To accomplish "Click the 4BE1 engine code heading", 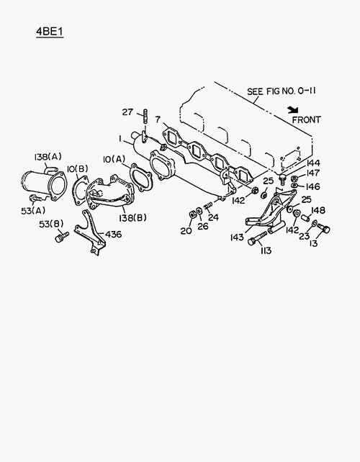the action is point(50,32).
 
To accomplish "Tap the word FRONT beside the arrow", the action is point(306,120).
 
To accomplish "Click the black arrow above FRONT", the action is point(293,110).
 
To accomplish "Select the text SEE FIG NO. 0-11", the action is point(282,91).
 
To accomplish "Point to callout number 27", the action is point(127,112).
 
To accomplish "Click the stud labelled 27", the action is point(145,117).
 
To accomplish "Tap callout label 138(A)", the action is point(48,157).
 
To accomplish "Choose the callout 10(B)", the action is point(78,169).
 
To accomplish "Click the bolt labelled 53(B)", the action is point(62,237).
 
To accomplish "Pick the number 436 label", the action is point(113,235).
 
